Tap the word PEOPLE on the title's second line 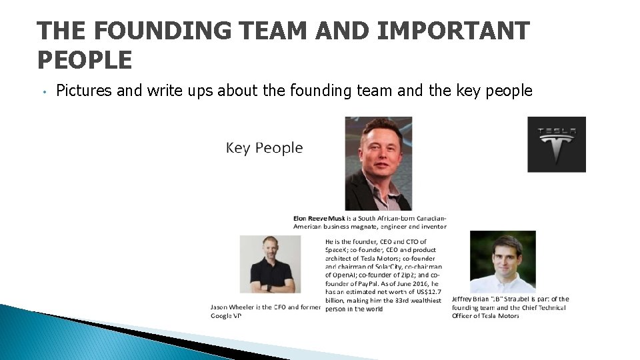click(85, 61)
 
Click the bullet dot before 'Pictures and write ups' click(42, 91)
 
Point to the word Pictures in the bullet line click(84, 91)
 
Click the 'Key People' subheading click(264, 148)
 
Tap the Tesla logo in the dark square click(556, 144)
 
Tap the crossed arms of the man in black click(271, 287)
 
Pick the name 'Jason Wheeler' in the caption click(232, 307)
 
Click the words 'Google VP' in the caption click(225, 316)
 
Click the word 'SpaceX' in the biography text click(337, 250)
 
